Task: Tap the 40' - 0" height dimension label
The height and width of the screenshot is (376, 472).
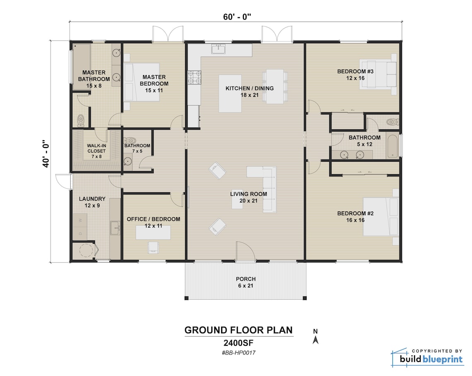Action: point(46,153)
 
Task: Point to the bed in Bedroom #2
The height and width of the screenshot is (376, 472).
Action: point(381,216)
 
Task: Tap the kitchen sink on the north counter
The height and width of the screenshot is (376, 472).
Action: point(218,49)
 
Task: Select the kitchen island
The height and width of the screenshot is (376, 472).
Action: point(230,93)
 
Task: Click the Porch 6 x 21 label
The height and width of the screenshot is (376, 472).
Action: point(246,282)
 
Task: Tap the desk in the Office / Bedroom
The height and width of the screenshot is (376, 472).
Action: point(154,233)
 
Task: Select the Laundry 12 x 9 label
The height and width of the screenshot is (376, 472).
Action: point(92,202)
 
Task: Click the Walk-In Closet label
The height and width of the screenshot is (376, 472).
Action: point(96,148)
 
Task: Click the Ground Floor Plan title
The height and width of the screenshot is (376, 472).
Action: point(238,330)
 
